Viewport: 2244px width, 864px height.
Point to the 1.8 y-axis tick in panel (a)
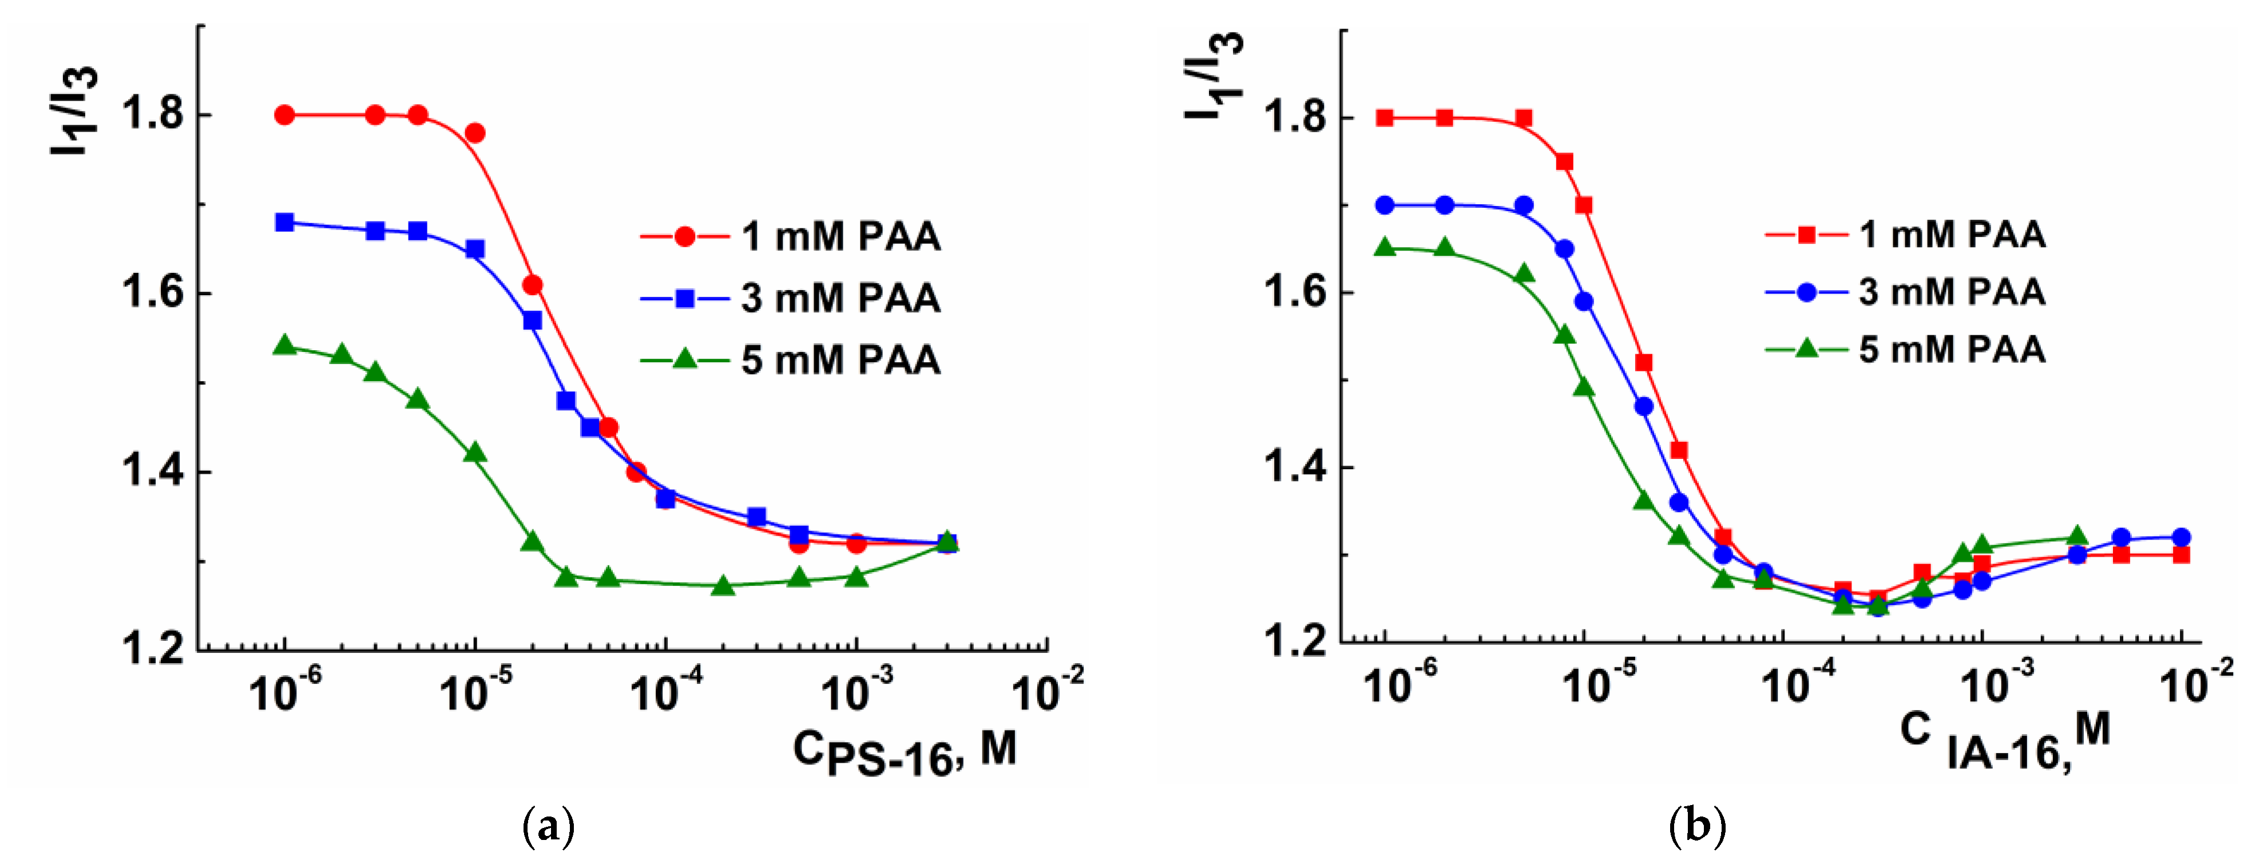pos(152,115)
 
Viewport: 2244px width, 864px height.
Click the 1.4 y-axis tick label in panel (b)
pos(1294,467)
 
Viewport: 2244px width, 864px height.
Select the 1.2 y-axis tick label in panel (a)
pos(152,649)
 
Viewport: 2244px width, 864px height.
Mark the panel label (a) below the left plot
pos(548,826)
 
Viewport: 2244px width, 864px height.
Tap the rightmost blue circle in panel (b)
pos(2181,537)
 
